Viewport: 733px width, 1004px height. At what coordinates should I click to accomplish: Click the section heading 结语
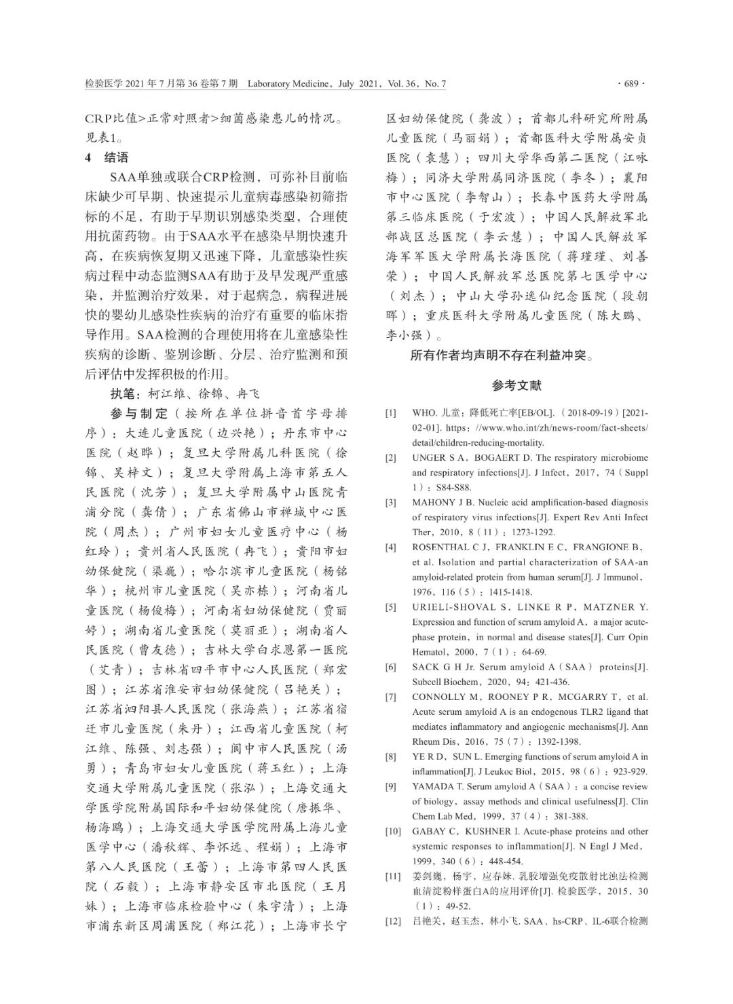tap(116, 157)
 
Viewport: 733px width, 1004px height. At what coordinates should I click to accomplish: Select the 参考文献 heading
tap(516, 385)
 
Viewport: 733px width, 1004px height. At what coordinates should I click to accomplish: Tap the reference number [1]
tap(391, 413)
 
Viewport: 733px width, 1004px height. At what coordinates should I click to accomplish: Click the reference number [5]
tap(391, 607)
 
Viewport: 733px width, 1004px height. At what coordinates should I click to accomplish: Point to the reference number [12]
tap(393, 921)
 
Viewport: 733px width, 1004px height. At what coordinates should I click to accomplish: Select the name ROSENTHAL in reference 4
tap(441, 547)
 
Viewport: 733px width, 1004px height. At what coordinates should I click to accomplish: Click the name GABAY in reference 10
tap(428, 831)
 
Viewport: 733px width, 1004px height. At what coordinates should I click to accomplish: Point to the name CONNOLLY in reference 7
tap(438, 697)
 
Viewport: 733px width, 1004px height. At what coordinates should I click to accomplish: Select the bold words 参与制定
tap(138, 413)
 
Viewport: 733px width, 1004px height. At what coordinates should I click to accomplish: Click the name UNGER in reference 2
tap(428, 458)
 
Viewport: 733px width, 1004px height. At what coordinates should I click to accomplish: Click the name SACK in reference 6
tap(426, 667)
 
